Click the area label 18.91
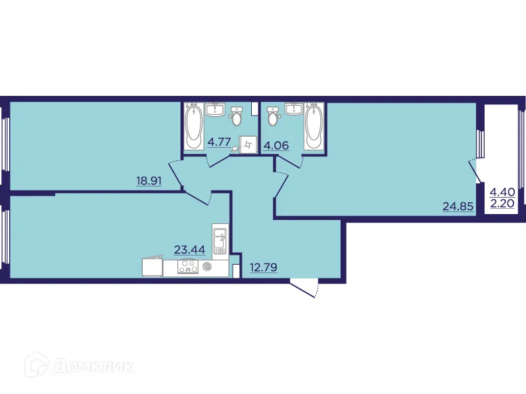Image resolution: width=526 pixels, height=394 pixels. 149,181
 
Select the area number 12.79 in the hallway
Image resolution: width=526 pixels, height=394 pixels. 262,267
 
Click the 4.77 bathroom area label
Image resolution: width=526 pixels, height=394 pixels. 219,141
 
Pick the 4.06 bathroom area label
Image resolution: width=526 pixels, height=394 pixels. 276,145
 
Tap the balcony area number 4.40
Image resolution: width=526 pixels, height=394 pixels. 502,192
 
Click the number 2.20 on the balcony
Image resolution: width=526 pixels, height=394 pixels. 502,204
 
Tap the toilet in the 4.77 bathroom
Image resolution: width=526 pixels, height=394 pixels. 237,117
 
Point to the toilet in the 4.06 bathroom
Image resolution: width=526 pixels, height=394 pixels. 274,117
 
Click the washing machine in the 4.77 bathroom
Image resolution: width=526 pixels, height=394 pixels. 247,143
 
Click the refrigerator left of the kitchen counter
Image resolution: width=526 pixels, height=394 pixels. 152,267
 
